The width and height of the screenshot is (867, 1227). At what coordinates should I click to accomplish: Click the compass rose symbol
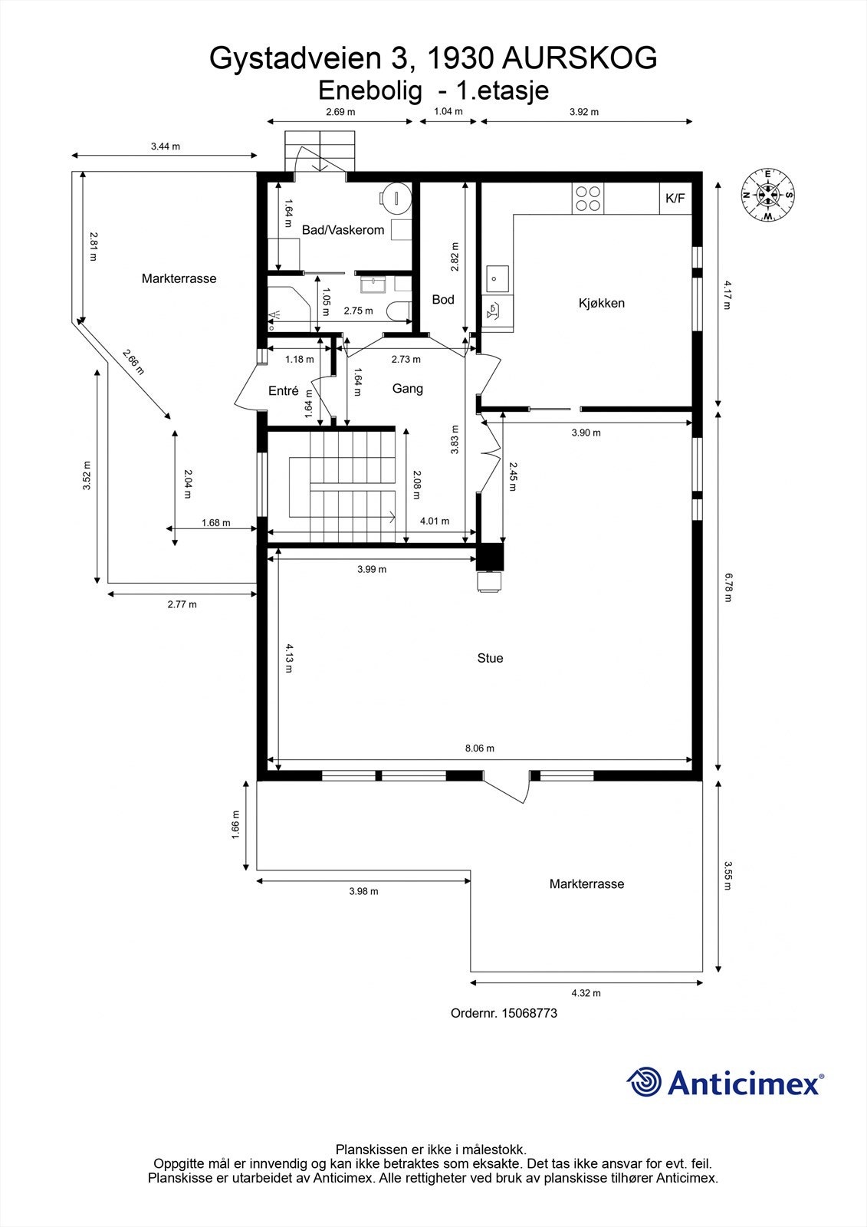pos(767,196)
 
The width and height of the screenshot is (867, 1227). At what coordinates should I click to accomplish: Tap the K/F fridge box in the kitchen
pos(675,199)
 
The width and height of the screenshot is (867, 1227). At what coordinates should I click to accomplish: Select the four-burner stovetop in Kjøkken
pos(588,199)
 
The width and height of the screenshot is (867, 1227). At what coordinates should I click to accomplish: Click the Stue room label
pos(490,658)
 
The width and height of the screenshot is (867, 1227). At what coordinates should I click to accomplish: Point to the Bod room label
pos(443,299)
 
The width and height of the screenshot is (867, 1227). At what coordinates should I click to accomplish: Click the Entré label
pos(283,390)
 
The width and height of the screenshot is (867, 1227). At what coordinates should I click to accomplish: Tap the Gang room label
pos(407,389)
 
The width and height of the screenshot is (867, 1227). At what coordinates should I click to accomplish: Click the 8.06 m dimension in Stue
pos(480,748)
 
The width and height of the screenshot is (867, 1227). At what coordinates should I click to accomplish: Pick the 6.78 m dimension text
pos(727,587)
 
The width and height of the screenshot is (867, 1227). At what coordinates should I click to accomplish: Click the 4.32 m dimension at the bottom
pos(586,992)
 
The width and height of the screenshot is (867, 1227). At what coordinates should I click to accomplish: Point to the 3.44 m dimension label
pos(165,146)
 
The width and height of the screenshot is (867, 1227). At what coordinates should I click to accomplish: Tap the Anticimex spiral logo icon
pos(644,1082)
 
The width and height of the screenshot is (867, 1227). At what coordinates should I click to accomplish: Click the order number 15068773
pos(529,1012)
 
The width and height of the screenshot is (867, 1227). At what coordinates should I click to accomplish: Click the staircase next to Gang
pos(343,485)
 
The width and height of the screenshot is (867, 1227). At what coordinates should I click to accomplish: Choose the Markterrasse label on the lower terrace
pos(586,883)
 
